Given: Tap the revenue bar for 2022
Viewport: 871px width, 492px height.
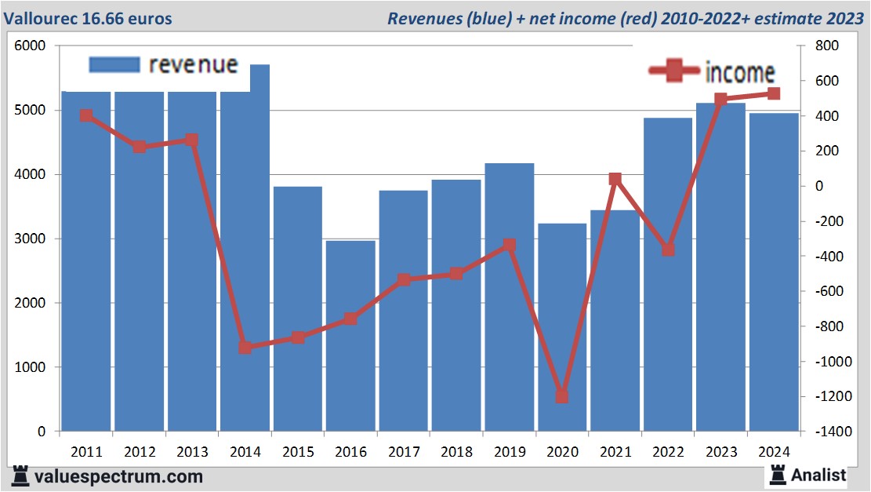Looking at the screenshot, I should [x=668, y=275].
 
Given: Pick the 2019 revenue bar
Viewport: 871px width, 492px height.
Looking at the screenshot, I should [x=510, y=297].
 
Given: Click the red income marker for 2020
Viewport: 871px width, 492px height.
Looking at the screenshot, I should [x=562, y=396].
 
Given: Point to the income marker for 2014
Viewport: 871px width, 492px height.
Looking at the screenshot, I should [x=245, y=347].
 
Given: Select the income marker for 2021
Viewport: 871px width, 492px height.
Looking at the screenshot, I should [x=615, y=180].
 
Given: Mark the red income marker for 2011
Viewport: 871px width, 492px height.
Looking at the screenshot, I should [x=86, y=115].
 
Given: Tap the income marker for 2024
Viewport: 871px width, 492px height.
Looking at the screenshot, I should [x=774, y=94].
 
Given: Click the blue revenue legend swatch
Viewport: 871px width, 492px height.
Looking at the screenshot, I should [x=114, y=64].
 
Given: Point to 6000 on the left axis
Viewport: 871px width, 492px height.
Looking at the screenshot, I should [x=31, y=46].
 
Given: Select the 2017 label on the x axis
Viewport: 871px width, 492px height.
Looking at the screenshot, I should [x=404, y=453].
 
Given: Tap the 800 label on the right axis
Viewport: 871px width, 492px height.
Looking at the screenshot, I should [x=826, y=46].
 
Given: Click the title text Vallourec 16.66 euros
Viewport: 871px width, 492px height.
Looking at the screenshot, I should [x=90, y=18].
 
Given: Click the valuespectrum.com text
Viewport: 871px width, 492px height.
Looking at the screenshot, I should [x=118, y=476].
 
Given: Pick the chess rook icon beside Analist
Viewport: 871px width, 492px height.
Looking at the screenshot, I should [x=778, y=474].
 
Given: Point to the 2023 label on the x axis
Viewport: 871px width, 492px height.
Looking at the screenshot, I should [x=721, y=453].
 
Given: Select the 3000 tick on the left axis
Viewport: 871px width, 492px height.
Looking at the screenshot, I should [x=31, y=239].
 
